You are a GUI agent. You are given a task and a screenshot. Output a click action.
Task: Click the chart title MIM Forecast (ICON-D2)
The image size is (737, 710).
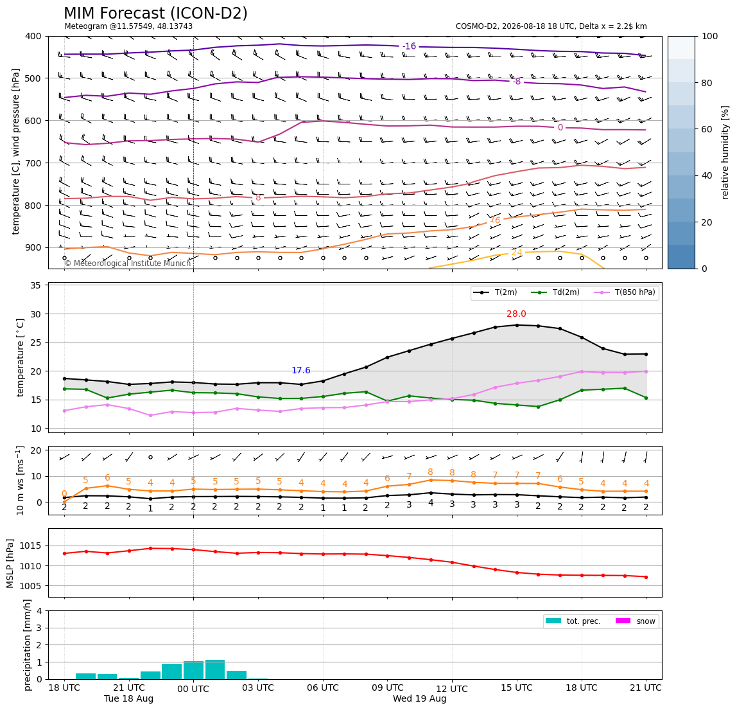(x=155, y=13)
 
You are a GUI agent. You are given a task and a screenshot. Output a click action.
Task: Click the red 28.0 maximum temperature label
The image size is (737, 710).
(x=516, y=314)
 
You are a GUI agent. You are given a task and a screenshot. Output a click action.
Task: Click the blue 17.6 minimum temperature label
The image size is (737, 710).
(x=301, y=370)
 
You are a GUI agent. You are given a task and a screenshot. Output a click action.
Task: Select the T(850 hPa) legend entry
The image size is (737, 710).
(x=625, y=292)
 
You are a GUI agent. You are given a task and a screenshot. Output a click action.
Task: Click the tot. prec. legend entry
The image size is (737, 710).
(x=573, y=621)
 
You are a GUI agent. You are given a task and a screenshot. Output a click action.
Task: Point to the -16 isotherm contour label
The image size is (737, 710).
(x=410, y=46)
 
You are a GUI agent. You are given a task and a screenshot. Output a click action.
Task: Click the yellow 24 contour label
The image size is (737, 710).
(x=517, y=252)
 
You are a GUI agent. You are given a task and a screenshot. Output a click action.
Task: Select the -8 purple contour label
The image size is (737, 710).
(x=517, y=82)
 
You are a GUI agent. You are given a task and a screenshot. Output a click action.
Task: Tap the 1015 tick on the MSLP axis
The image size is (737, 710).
(x=30, y=546)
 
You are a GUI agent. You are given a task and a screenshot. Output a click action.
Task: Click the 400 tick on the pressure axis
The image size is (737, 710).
(x=34, y=36)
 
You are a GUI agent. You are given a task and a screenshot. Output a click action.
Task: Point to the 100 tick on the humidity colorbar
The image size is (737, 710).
(x=710, y=36)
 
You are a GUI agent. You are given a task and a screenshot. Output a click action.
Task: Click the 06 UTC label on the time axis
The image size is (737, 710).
(x=322, y=688)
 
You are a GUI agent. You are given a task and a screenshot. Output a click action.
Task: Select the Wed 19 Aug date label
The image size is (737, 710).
(x=420, y=698)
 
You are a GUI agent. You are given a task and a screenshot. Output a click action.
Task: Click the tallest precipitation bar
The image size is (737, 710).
(x=215, y=670)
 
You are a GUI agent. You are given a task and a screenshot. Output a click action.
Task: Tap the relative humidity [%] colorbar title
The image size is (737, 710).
(x=725, y=152)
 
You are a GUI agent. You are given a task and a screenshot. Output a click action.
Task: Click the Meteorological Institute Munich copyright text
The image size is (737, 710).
(x=127, y=263)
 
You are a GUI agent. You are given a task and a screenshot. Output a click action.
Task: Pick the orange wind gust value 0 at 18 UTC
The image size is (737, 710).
(x=64, y=493)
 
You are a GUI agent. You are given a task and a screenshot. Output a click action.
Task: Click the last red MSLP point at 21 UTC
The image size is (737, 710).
(x=646, y=577)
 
